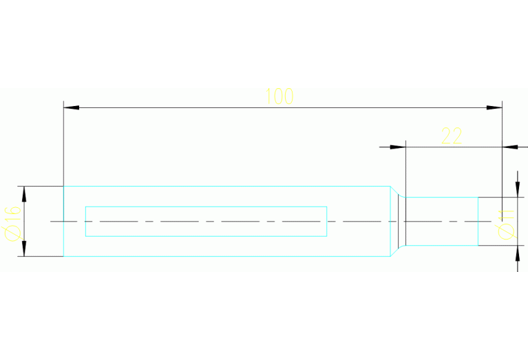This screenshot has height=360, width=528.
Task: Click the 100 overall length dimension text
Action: (279, 96)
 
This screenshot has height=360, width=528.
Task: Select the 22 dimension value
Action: (452, 136)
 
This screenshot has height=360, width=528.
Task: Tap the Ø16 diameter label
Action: (13, 224)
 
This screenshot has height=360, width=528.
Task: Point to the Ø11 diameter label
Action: (506, 224)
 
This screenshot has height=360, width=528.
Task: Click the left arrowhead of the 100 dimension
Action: (72, 108)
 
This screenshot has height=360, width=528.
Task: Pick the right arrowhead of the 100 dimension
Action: (494, 108)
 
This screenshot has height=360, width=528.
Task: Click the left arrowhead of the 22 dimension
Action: (398, 147)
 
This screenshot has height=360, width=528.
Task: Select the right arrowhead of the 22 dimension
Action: (510, 147)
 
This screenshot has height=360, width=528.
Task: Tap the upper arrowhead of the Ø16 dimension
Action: (24, 194)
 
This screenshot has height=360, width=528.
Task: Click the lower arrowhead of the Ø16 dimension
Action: (24, 248)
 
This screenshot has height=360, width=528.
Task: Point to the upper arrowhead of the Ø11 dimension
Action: (518, 189)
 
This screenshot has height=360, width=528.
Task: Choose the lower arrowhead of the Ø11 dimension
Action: (518, 253)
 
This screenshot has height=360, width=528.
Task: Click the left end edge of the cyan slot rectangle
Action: (86, 222)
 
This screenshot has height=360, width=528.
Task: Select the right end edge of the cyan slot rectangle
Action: (326, 222)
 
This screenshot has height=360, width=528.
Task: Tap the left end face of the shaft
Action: (63, 221)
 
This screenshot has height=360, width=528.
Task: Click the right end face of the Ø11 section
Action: (478, 221)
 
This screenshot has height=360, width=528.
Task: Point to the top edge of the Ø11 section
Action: (442, 198)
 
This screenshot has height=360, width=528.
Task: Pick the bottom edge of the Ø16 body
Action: (227, 256)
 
